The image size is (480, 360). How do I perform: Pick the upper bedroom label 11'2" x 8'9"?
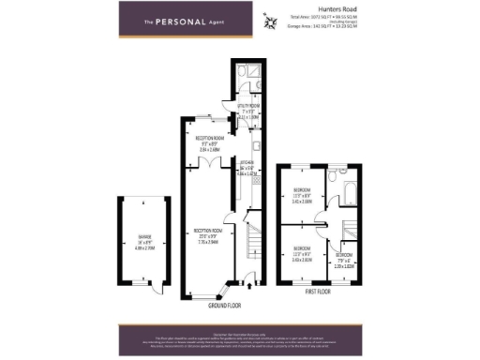(x=302, y=198)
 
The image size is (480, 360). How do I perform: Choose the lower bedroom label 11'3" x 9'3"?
(x=302, y=256)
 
